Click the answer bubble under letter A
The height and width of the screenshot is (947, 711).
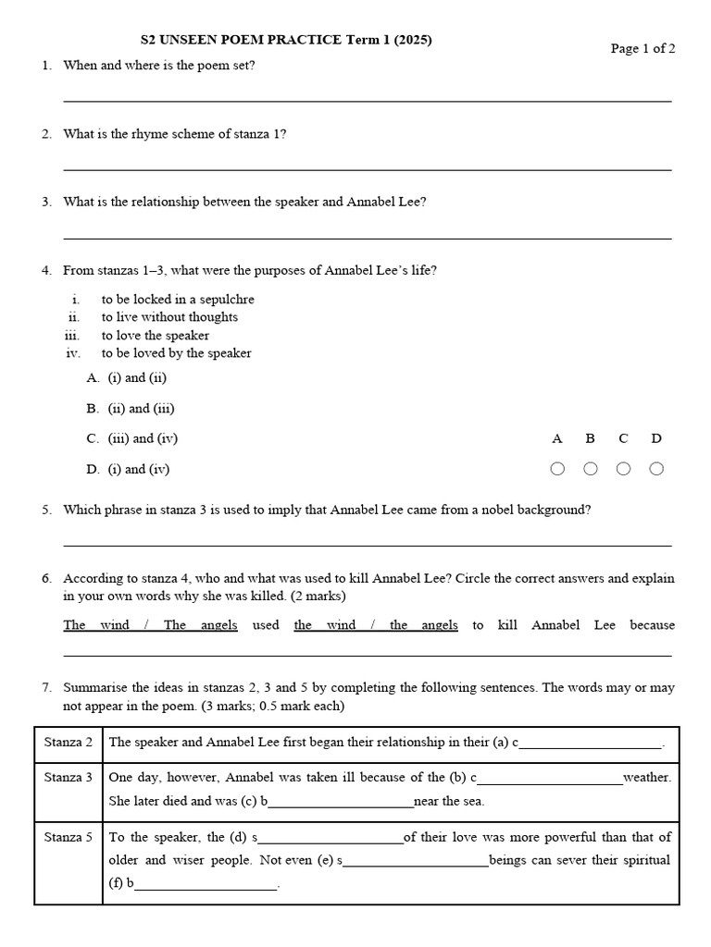557,469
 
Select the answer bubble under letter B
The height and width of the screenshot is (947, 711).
591,469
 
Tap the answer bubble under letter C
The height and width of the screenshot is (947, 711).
624,469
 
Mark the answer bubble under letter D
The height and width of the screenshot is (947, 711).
656,469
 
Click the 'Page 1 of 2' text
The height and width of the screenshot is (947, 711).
642,49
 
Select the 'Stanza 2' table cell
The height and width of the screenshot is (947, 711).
69,743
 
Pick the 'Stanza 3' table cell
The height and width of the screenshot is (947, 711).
69,778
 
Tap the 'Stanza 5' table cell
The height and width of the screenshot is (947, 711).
69,837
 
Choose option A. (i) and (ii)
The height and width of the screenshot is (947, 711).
127,377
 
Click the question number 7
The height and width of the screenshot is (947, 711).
46,688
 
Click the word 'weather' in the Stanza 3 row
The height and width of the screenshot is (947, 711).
647,778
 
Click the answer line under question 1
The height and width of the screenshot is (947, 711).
367,100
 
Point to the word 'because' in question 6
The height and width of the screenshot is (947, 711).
652,625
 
